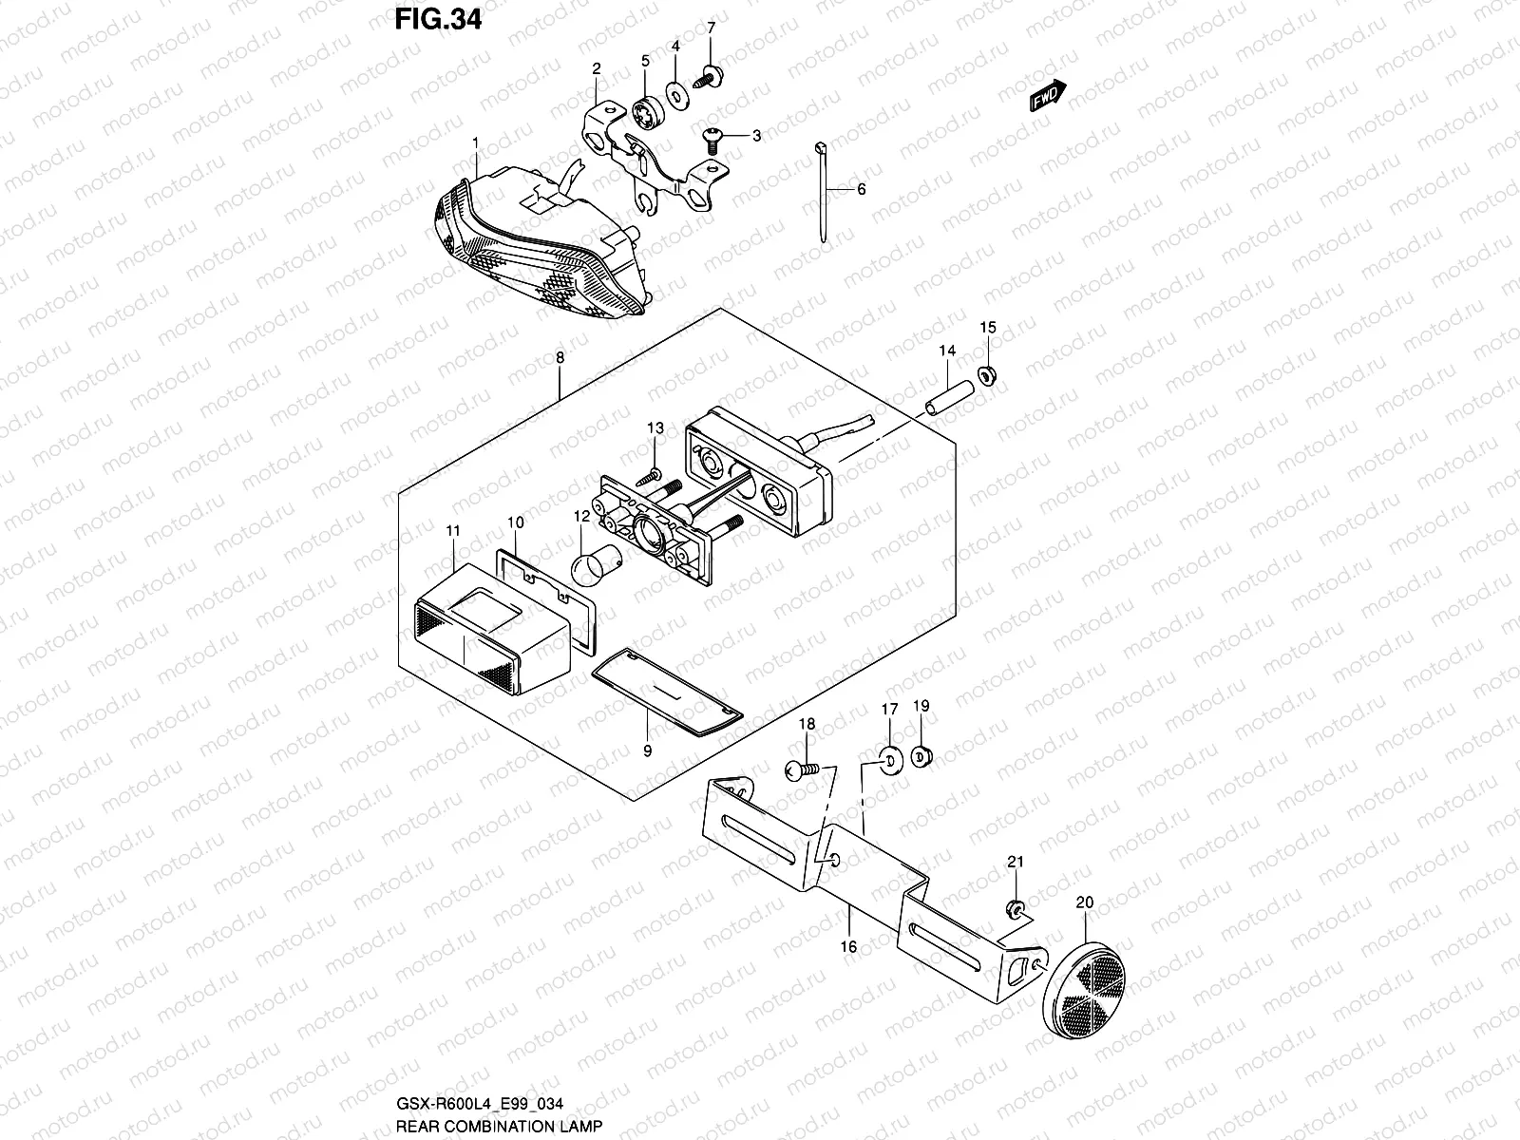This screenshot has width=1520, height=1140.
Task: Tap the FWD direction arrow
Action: coord(1048,97)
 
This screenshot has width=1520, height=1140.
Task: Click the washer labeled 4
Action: coord(675,93)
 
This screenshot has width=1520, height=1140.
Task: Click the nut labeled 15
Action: coord(987,375)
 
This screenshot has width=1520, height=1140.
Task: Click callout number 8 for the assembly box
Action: coord(560,358)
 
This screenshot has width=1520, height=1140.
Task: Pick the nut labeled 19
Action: coord(921,756)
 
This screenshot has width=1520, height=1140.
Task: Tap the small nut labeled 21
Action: coord(1016,910)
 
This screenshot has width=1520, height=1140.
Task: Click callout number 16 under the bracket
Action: coord(849,945)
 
